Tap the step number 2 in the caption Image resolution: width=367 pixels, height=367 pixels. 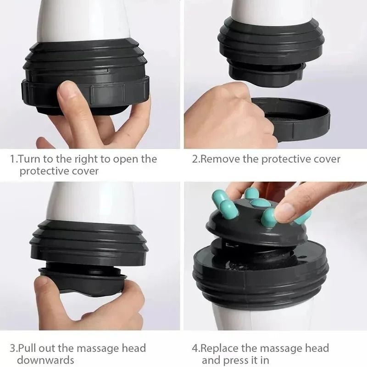pyautogui.click(x=195, y=159)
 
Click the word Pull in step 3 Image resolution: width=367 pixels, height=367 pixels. pyautogui.click(x=27, y=348)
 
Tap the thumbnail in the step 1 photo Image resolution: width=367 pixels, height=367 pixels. pyautogui.click(x=69, y=89)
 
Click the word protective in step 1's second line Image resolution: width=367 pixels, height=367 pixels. pyautogui.click(x=44, y=171)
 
